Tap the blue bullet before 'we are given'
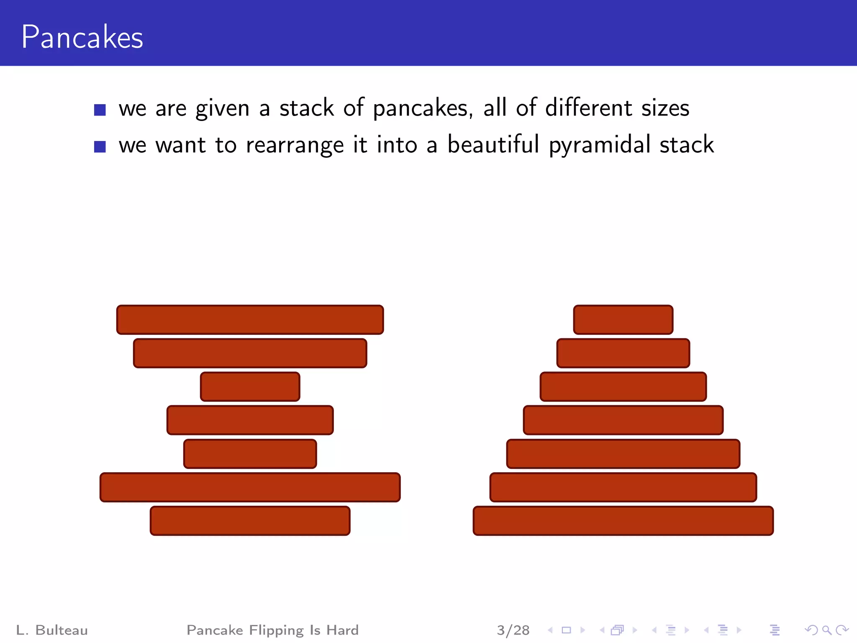pyautogui.click(x=100, y=110)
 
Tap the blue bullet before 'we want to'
pyautogui.click(x=100, y=147)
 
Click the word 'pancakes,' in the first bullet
pyautogui.click(x=423, y=109)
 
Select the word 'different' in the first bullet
pyautogui.click(x=588, y=108)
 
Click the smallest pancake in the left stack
pyautogui.click(x=250, y=387)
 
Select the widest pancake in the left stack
pyautogui.click(x=250, y=487)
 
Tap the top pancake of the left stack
pyautogui.click(x=250, y=320)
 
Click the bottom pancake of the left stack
pyautogui.click(x=250, y=521)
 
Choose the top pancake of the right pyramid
pyautogui.click(x=623, y=320)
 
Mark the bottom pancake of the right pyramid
pyautogui.click(x=623, y=521)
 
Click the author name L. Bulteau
pyautogui.click(x=52, y=630)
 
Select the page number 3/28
pyautogui.click(x=513, y=630)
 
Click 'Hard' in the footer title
pyautogui.click(x=342, y=630)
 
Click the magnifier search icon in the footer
pyautogui.click(x=826, y=630)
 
